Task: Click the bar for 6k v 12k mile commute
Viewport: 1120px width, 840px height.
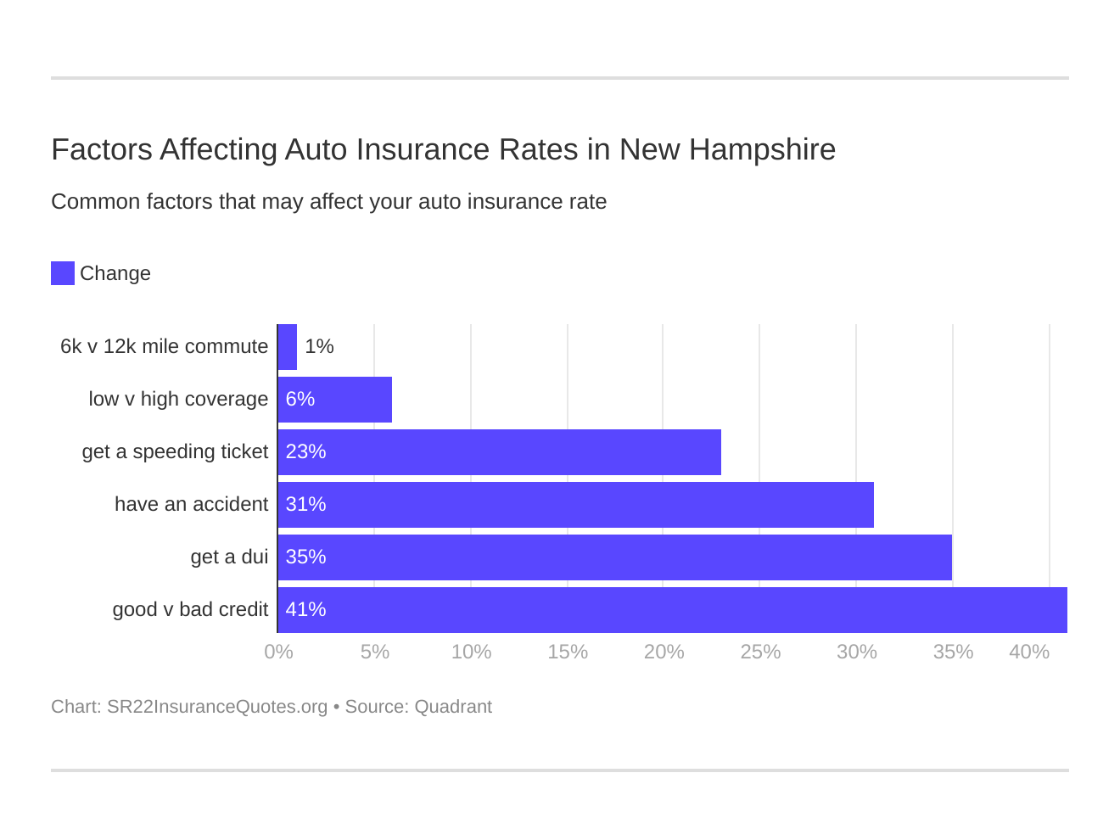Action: [288, 347]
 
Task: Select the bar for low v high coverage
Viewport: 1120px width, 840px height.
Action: [335, 400]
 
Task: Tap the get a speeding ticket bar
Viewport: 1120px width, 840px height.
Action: [499, 452]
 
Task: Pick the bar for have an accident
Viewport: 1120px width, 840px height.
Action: [575, 505]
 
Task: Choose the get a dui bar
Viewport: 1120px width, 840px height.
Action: [614, 557]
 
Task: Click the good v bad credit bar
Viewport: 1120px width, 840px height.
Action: [672, 610]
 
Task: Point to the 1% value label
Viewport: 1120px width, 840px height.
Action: [319, 347]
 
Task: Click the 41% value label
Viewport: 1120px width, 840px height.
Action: [305, 610]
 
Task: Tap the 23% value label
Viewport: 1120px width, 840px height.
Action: [305, 452]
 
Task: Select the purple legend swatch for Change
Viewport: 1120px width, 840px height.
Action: [63, 273]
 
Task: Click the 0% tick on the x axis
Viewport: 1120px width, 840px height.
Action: [278, 652]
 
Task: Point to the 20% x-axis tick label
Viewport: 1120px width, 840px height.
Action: [664, 652]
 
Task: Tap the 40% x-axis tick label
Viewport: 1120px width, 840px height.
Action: [1028, 652]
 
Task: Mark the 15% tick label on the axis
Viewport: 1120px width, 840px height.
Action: [568, 652]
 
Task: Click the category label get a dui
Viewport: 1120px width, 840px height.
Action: [229, 557]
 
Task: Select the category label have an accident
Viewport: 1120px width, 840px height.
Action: [191, 505]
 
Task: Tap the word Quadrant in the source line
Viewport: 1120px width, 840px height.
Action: [453, 707]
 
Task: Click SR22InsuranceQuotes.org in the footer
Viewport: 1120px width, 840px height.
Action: [217, 707]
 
